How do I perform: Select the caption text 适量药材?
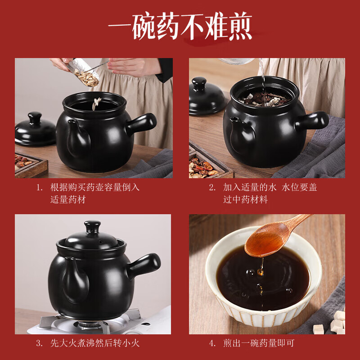tap(68, 199)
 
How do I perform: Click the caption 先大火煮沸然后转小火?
tap(94, 343)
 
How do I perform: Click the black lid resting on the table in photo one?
tap(35, 130)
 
